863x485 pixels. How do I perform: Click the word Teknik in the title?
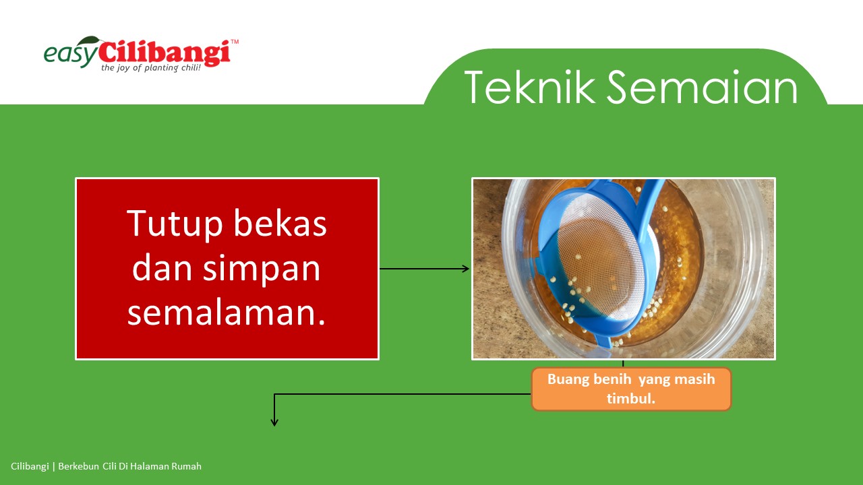530,87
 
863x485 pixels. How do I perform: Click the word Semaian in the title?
702,87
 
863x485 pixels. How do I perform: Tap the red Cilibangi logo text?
165,53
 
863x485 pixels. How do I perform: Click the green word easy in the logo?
71,55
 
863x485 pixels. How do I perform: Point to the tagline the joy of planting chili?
151,68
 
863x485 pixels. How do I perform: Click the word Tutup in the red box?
175,225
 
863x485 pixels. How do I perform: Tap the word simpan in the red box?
262,269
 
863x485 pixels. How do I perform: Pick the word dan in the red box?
162,267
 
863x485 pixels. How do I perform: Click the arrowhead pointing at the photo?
466,269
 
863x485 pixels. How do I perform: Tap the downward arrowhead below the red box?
274,422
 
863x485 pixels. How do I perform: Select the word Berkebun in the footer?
79,466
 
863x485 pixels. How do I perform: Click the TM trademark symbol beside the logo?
235,42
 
